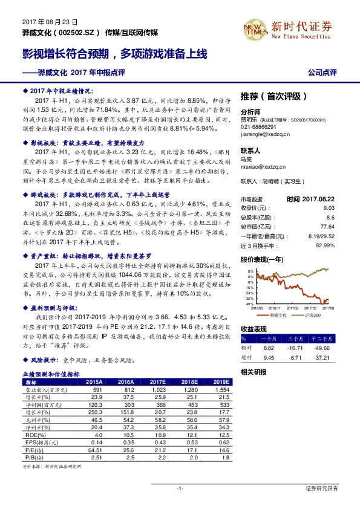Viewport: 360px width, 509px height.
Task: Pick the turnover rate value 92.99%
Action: point(325,245)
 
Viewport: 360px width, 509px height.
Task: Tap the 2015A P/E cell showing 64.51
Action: point(93,449)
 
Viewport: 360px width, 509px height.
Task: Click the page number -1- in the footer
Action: point(180,488)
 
